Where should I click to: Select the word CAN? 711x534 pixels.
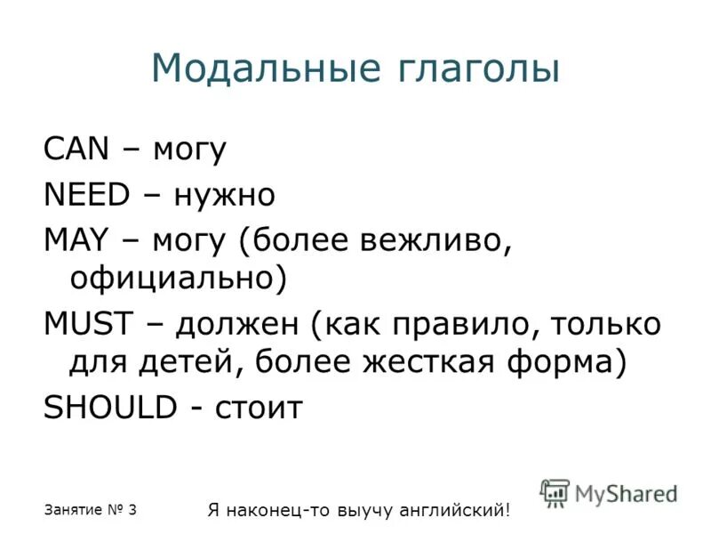(76, 149)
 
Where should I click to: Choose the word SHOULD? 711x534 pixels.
(109, 407)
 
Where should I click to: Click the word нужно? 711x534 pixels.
(224, 193)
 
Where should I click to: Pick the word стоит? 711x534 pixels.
(258, 408)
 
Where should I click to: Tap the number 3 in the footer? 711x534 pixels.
(132, 509)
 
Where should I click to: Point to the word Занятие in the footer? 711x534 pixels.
(71, 510)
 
